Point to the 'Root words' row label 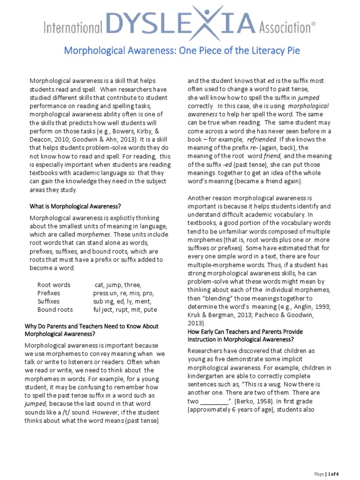(x=54, y=285)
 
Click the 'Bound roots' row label (x=55, y=310)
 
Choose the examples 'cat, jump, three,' (x=118, y=285)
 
